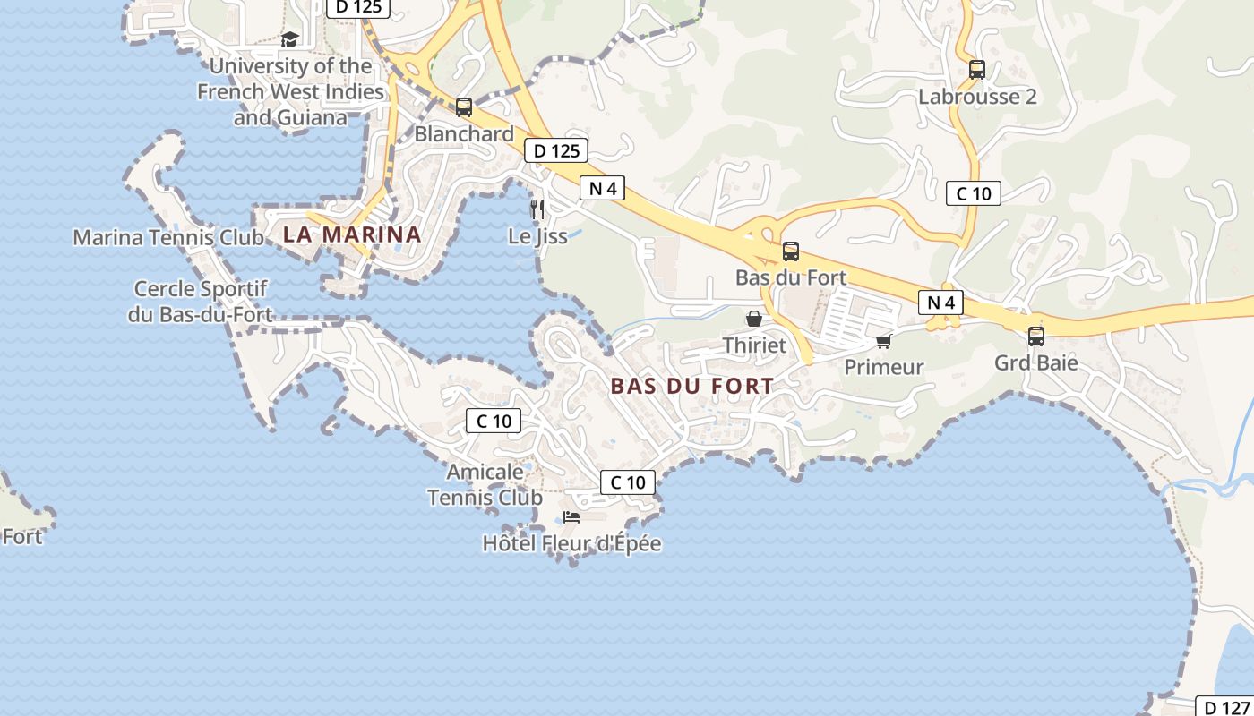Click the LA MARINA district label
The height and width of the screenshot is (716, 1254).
coord(352,234)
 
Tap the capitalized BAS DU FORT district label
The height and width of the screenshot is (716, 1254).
coord(691,387)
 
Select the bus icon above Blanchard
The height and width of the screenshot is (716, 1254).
coord(463,107)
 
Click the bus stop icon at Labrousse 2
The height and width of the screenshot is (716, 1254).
coord(976,70)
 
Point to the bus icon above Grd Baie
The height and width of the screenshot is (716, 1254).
coord(1035,337)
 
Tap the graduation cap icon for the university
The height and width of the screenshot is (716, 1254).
coord(289,40)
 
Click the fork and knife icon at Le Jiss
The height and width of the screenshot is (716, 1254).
coord(537,209)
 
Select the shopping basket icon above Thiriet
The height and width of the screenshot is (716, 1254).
coord(754,319)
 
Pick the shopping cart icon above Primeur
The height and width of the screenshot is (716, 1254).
coord(883,341)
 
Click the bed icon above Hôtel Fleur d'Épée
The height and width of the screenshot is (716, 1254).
coord(571,517)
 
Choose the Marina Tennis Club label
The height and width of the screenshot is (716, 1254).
coord(168,238)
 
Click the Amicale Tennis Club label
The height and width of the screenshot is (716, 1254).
coord(485,484)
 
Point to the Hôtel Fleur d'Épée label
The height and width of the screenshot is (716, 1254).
coord(571,543)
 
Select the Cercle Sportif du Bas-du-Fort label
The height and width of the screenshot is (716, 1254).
coord(200,302)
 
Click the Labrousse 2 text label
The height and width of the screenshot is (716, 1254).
coord(977,97)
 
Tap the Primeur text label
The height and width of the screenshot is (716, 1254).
coord(883,367)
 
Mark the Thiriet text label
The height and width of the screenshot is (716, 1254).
coord(754,345)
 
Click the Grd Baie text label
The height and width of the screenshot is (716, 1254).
coord(1035,363)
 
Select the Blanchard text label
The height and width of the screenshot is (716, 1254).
coord(464,134)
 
